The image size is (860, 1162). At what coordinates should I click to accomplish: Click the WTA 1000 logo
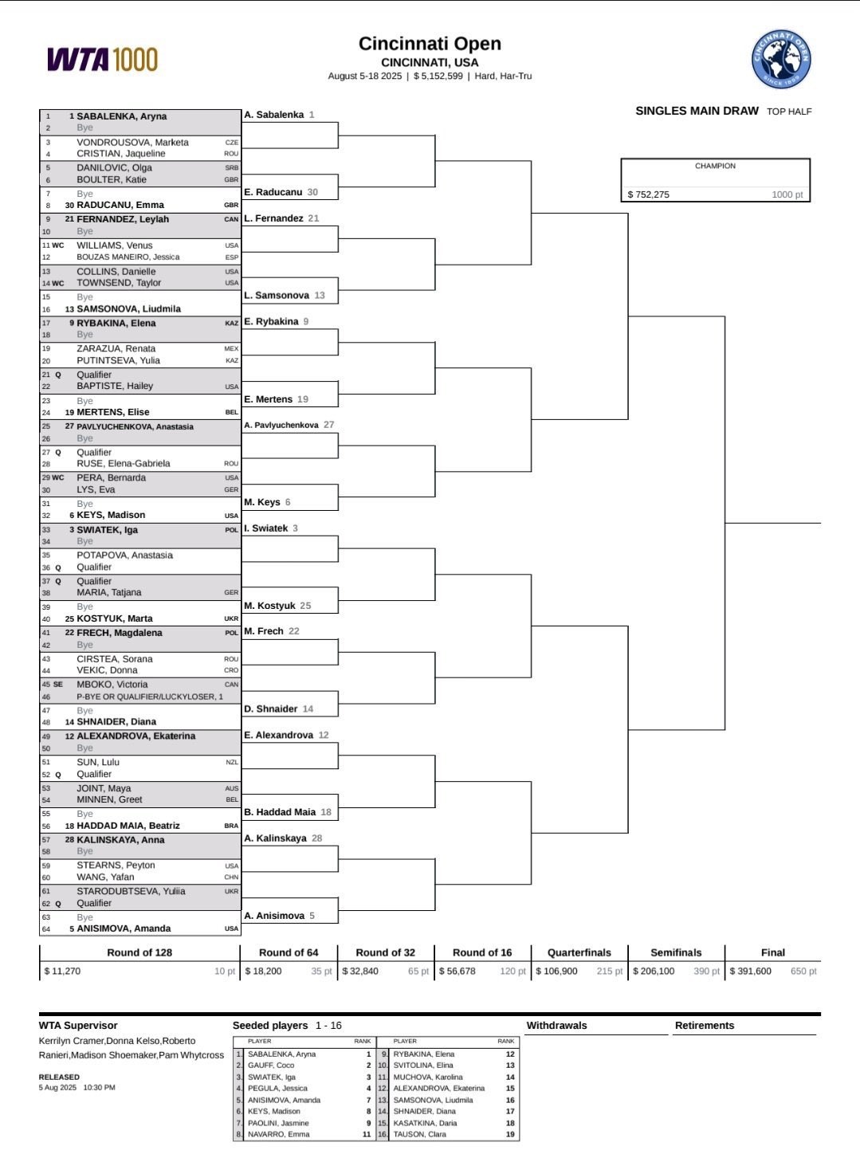102,59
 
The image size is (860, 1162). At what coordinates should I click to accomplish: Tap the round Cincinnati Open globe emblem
780,59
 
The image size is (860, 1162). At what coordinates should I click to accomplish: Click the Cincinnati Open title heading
430,44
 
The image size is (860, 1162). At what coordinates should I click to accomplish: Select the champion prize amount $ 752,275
649,194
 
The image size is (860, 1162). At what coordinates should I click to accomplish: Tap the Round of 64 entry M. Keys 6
267,502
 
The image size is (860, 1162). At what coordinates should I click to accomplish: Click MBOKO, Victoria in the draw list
112,685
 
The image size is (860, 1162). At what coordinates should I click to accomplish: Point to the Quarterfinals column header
579,952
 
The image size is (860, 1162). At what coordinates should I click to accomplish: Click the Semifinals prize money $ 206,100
654,971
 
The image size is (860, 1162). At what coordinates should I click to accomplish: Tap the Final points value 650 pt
803,971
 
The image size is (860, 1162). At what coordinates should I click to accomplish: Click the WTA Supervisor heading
78,1026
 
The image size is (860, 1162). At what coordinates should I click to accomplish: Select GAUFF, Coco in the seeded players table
271,1066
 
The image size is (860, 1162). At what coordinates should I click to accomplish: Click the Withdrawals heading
556,1026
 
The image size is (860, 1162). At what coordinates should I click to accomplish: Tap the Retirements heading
705,1026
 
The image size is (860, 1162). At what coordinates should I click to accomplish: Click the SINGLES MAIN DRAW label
697,111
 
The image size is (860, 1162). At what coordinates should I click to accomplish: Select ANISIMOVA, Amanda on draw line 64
124,928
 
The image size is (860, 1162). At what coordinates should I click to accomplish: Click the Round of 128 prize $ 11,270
62,971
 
